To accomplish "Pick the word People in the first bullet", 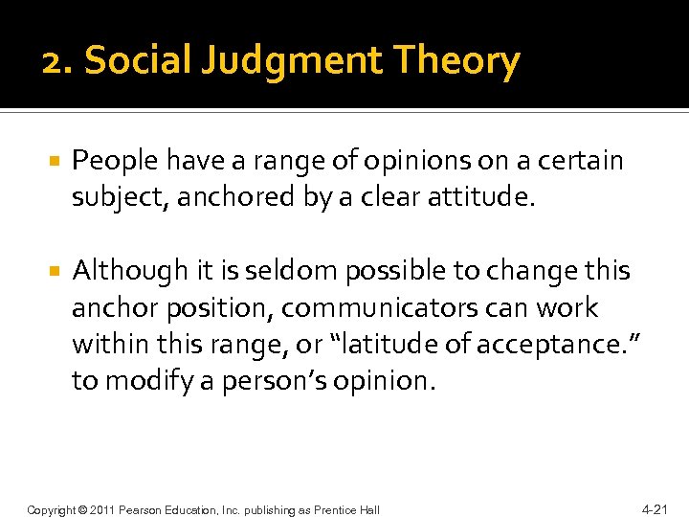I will [114, 161].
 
